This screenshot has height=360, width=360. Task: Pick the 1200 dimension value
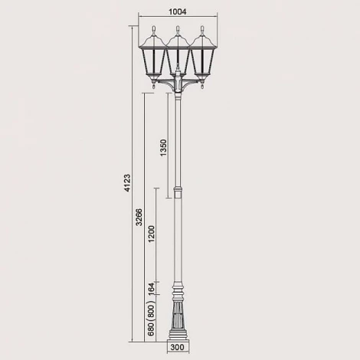click(x=152, y=234)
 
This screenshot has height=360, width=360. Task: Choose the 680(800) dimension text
click(x=152, y=321)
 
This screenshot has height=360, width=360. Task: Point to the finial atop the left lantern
click(x=153, y=31)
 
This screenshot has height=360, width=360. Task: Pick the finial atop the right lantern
click(x=203, y=31)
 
